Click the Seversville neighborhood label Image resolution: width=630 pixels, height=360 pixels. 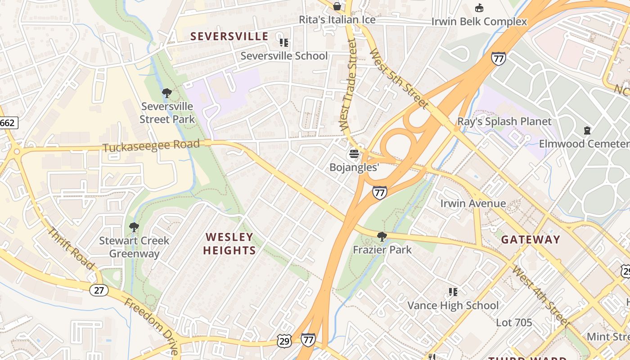[x=229, y=36]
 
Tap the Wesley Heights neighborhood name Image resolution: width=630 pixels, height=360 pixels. [x=229, y=243]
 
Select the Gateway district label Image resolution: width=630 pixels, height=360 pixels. [x=531, y=239]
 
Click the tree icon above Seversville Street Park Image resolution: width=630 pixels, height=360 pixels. [x=167, y=93]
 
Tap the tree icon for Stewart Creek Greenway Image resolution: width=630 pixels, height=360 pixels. [x=134, y=227]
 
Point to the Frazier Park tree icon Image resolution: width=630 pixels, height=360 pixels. [x=382, y=236]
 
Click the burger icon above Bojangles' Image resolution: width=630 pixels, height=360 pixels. [x=354, y=154]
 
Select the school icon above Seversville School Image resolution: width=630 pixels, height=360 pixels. [x=284, y=43]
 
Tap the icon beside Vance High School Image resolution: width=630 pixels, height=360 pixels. [x=453, y=292]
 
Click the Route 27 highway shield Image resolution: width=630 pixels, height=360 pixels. [x=99, y=290]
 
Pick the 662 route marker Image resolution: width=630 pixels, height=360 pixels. [x=8, y=122]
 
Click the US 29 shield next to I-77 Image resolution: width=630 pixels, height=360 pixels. [x=284, y=341]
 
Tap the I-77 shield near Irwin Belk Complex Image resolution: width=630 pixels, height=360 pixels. [x=499, y=58]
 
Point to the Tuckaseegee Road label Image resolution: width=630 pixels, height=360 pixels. [x=151, y=146]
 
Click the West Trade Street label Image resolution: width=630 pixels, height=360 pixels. [x=347, y=85]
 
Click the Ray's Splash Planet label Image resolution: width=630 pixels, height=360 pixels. [x=504, y=121]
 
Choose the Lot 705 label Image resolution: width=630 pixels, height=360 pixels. [x=514, y=322]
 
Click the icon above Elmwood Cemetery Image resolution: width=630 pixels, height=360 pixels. [x=587, y=130]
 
